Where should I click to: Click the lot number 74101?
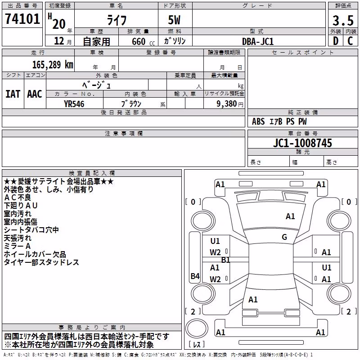[22, 19]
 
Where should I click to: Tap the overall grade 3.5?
[343, 21]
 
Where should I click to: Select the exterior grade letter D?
[336, 41]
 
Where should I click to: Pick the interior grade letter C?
[350, 41]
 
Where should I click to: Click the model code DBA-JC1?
[257, 41]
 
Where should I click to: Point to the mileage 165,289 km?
[53, 65]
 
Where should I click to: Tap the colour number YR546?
[74, 104]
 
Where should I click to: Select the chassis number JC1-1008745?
[302, 143]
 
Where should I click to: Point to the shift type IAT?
[13, 94]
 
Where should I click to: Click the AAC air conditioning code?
[35, 94]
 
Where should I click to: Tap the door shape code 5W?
[174, 20]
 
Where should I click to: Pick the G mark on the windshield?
[284, 237]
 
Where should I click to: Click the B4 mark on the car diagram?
[195, 276]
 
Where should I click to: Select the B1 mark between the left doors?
[225, 260]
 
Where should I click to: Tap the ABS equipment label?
[258, 121]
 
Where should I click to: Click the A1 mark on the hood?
[290, 216]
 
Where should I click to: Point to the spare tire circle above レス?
[197, 328]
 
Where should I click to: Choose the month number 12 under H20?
[59, 41]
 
